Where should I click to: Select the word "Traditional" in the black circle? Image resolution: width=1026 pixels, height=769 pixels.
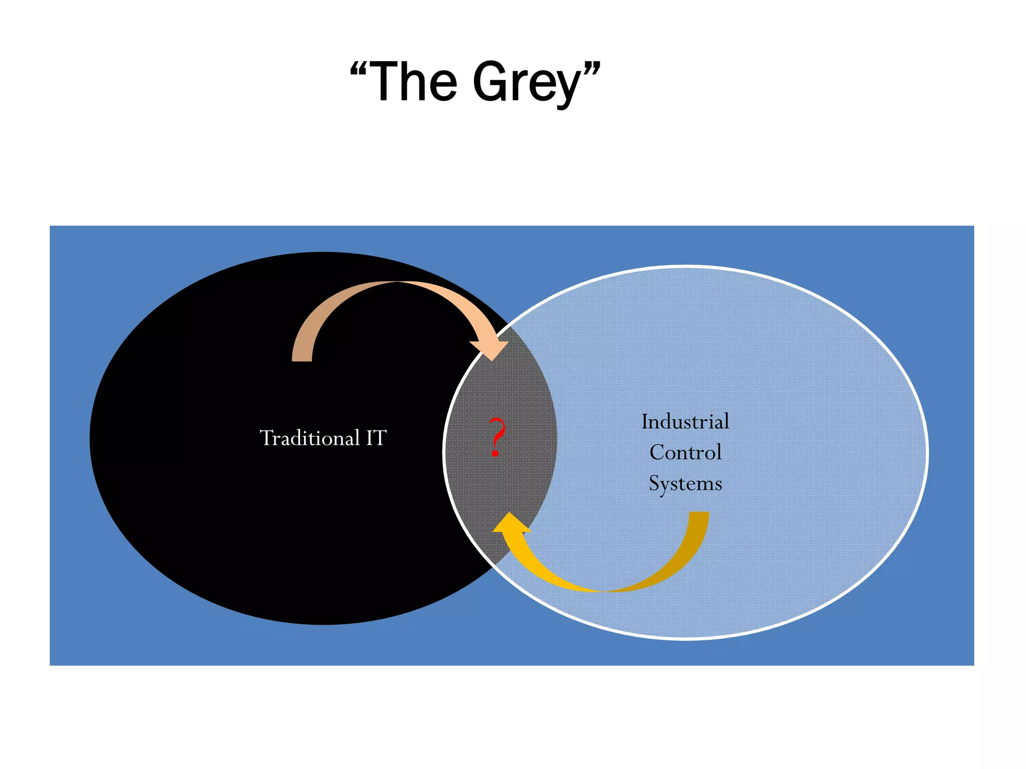coord(310,438)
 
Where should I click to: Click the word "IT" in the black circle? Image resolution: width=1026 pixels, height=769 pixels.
coord(376,438)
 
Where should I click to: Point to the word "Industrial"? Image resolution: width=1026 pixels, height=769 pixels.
coord(685,422)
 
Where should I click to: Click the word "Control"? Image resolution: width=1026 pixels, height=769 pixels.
coord(685,452)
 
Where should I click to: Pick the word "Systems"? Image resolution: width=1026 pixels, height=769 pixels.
coord(685,483)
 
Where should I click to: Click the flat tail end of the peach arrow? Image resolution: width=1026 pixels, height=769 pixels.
coord(302,358)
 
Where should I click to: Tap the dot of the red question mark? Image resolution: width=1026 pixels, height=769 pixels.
coord(495,453)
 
